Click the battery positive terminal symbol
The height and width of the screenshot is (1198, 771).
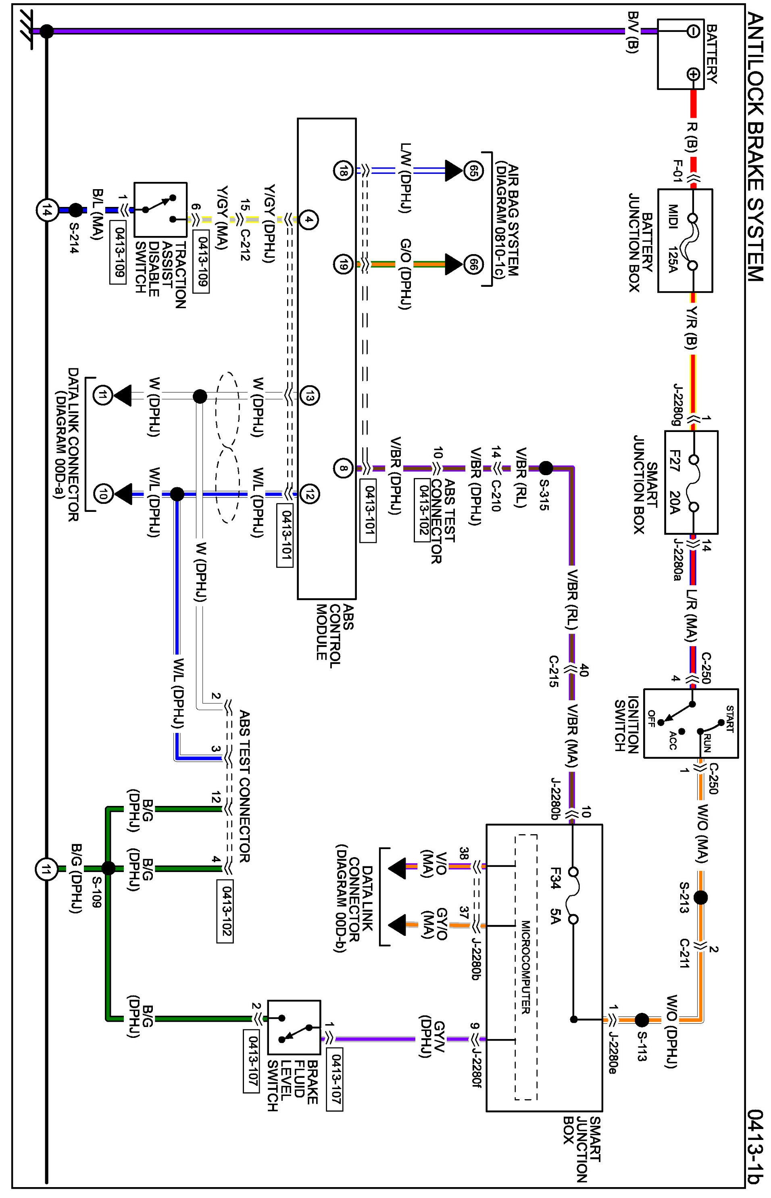[x=693, y=74]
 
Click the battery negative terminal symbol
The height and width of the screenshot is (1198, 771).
[x=693, y=31]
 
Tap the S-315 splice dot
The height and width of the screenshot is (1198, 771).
[x=546, y=468]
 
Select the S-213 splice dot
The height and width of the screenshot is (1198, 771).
[x=700, y=897]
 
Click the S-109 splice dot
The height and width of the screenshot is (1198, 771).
[x=108, y=868]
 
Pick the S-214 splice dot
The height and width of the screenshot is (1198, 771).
[x=75, y=210]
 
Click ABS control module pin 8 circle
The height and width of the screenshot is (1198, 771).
[x=344, y=468]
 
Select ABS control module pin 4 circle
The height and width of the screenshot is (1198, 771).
[x=309, y=219]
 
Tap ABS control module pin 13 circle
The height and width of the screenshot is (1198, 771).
[x=309, y=396]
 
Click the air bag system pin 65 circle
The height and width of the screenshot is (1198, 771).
[x=473, y=171]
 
